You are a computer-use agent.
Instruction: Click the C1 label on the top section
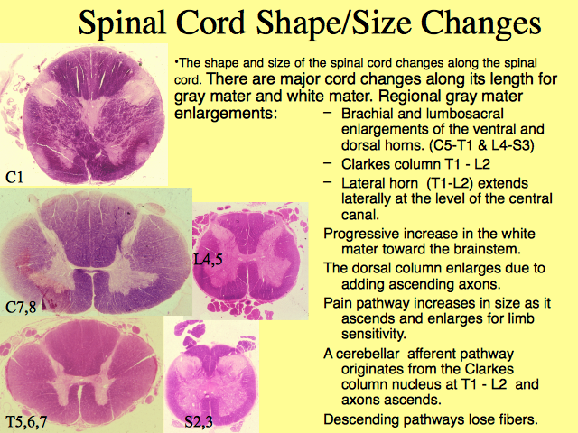point(14,178)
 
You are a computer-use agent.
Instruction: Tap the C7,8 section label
point(21,307)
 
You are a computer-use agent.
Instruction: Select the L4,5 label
point(209,260)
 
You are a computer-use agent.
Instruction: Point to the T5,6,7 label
point(26,421)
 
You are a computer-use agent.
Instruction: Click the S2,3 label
point(199,421)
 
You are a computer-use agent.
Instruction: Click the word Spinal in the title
point(122,23)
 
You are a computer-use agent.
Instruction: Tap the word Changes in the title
point(481,23)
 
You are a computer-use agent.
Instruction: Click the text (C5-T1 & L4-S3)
point(482,145)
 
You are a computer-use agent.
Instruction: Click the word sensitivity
point(374,335)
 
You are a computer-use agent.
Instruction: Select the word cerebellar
point(368,354)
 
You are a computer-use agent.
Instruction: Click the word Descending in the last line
point(356,419)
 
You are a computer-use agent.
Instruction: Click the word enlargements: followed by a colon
point(225,114)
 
